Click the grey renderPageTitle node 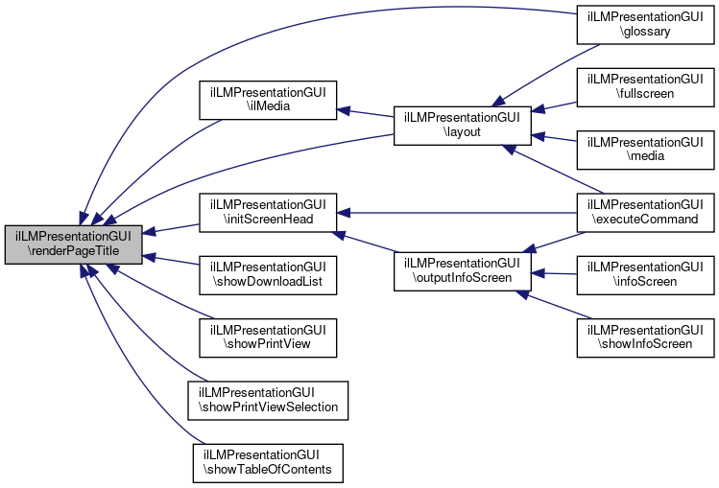(x=74, y=244)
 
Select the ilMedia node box (x=267, y=101)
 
